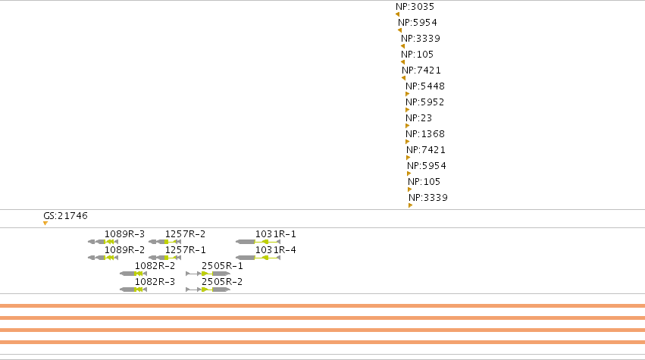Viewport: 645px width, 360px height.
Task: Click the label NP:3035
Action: (x=415, y=7)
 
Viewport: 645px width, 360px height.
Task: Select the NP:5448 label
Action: (x=425, y=86)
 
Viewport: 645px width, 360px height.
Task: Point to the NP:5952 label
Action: (x=425, y=102)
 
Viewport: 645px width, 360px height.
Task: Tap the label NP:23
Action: (x=418, y=118)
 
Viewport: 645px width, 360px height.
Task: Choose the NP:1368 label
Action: (x=425, y=134)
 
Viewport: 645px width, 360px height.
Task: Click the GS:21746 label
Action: (x=65, y=216)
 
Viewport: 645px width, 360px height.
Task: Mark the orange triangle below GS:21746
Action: (x=45, y=223)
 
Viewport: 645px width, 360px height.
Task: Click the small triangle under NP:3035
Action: (x=397, y=14)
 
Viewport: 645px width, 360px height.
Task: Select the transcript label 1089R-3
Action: (x=124, y=234)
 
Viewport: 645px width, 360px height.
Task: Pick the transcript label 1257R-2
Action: (x=185, y=234)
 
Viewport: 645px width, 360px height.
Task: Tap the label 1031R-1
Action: (x=275, y=234)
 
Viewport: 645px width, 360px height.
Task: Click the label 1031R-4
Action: (x=275, y=250)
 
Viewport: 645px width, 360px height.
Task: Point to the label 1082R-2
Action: (x=155, y=266)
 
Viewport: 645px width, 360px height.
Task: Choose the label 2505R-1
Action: (x=222, y=266)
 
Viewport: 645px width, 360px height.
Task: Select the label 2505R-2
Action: (x=222, y=282)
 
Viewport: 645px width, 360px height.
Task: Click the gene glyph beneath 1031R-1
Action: (x=258, y=242)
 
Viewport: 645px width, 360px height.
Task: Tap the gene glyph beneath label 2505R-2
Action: (x=208, y=290)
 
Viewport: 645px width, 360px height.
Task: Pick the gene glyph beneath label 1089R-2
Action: (x=103, y=258)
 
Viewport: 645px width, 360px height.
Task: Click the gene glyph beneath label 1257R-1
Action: (x=164, y=258)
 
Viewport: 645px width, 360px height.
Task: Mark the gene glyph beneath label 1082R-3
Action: (x=133, y=290)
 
